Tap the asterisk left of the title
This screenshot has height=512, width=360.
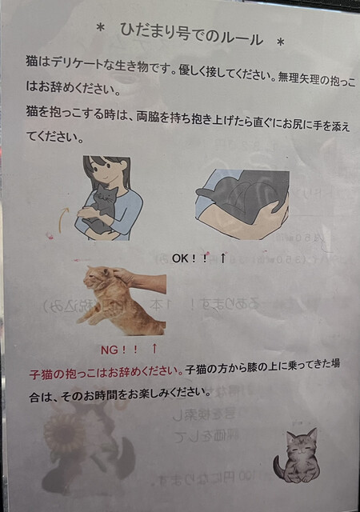click(x=101, y=29)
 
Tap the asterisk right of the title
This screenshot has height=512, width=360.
click(x=280, y=42)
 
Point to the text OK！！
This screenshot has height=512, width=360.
click(x=190, y=258)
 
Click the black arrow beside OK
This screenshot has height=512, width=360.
click(x=222, y=258)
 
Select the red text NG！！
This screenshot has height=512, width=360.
click(x=119, y=350)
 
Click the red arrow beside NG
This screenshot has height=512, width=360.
click(x=154, y=349)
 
